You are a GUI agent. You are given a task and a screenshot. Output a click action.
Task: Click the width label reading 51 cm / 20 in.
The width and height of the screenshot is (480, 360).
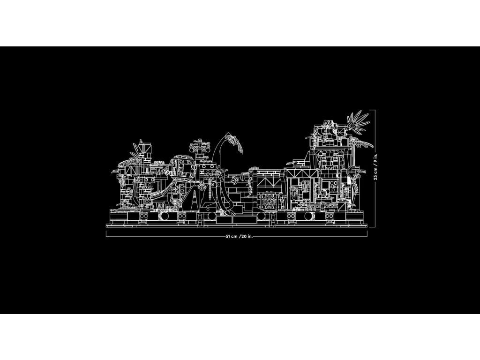(239, 236)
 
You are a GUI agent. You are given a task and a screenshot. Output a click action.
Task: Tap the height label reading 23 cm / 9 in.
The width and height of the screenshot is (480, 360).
(375, 166)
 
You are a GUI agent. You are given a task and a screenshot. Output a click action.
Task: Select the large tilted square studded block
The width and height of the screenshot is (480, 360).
(183, 167)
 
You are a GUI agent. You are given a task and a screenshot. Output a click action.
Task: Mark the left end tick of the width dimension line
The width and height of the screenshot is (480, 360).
(106, 233)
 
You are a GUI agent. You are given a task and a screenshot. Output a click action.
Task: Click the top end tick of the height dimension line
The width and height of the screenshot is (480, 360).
(372, 110)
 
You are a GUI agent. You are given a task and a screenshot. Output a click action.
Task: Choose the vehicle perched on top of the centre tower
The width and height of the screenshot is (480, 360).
(200, 148)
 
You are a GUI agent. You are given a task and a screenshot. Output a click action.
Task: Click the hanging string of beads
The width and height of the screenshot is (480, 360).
(210, 190)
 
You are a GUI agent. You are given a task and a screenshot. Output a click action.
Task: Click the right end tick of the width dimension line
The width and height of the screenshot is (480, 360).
(367, 233)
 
